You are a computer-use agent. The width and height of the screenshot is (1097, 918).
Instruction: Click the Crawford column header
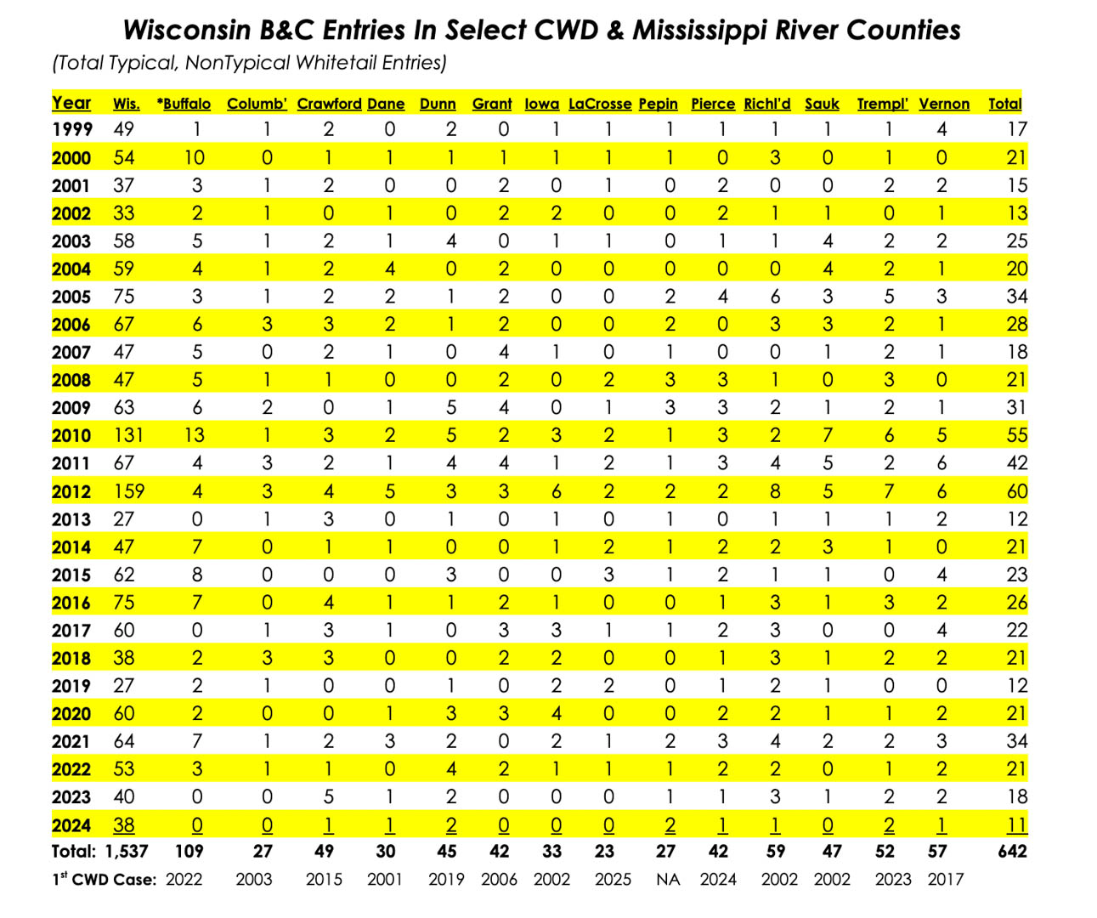click(x=329, y=104)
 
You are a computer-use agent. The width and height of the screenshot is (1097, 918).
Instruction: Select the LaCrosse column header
click(x=599, y=104)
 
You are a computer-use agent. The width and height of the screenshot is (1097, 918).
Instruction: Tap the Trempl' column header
click(x=882, y=104)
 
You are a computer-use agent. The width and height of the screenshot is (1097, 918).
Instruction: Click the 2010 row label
click(x=71, y=436)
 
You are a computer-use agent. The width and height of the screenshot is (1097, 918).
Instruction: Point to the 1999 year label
click(x=71, y=129)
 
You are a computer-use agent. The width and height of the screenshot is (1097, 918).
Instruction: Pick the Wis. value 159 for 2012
click(x=129, y=491)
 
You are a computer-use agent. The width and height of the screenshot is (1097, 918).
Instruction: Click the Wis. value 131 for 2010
click(x=128, y=436)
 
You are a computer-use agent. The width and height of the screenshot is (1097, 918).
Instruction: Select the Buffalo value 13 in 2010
click(x=195, y=436)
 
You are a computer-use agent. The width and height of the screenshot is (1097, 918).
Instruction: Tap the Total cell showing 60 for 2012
click(x=1017, y=491)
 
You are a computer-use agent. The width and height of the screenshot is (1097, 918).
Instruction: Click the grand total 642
click(x=1012, y=851)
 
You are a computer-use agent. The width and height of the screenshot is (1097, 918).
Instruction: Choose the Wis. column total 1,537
click(x=127, y=851)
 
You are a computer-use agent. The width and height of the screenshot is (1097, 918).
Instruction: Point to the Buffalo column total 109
click(x=189, y=851)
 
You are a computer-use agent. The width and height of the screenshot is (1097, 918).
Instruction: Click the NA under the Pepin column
click(x=668, y=880)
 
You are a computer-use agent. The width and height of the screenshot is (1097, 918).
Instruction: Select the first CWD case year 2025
click(x=613, y=880)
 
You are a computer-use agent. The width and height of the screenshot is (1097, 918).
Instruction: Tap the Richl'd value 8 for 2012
click(x=775, y=491)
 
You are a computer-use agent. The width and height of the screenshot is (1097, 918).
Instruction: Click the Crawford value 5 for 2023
click(x=329, y=797)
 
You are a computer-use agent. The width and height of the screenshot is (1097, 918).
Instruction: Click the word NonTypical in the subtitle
click(x=238, y=63)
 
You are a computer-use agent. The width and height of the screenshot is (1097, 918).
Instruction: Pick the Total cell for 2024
click(x=1017, y=825)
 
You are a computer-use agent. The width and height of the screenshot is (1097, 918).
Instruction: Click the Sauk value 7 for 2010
click(x=828, y=436)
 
